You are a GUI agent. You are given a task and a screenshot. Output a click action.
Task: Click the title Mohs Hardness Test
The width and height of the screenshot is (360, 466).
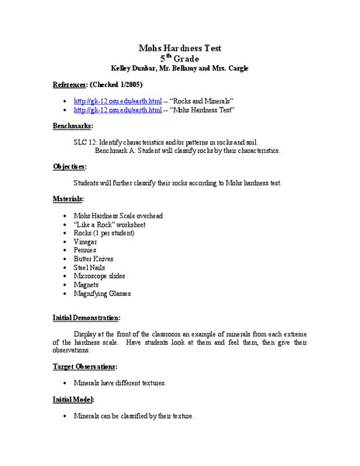tap(180, 47)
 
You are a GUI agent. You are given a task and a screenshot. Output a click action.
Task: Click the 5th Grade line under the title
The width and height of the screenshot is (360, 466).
tap(179, 57)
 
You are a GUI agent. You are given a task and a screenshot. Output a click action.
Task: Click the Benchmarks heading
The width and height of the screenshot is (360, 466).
tap(73, 126)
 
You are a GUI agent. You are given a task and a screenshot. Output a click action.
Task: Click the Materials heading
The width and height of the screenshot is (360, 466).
tap(68, 199)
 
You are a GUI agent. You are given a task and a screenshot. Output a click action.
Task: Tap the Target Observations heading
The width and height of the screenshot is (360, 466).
tap(85, 366)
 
